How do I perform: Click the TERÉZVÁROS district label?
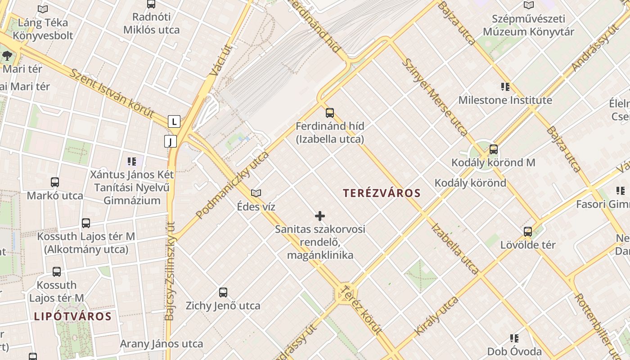[x=382, y=193]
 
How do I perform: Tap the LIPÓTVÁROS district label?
[x=72, y=316]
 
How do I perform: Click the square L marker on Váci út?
[x=174, y=121]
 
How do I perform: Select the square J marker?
[x=170, y=142]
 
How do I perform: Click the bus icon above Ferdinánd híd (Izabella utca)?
[x=330, y=113]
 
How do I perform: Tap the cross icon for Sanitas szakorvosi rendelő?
[x=320, y=216]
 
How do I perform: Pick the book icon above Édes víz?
[x=256, y=193]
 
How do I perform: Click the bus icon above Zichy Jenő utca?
[x=223, y=292]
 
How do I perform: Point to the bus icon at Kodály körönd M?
[x=494, y=149]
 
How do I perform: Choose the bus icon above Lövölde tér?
[x=528, y=232]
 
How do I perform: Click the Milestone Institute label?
[x=505, y=100]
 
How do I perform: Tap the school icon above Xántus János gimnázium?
[x=132, y=161]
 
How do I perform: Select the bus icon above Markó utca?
[x=55, y=182]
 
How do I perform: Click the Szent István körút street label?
[x=112, y=94]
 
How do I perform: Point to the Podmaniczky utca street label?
[x=233, y=185]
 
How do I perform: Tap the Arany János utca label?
[x=161, y=344]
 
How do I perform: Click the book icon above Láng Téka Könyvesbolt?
[x=43, y=9]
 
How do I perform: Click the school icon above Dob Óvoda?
[x=514, y=338]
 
